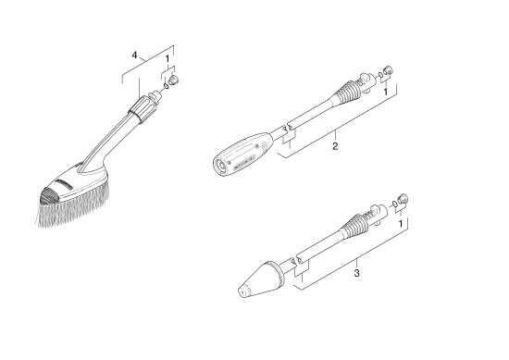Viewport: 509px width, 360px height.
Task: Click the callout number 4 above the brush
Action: [135, 56]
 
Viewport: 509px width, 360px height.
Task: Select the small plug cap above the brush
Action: [174, 80]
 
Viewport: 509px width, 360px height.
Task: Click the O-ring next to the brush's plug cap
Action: [163, 85]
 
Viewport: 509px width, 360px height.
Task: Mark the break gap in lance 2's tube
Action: [289, 129]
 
